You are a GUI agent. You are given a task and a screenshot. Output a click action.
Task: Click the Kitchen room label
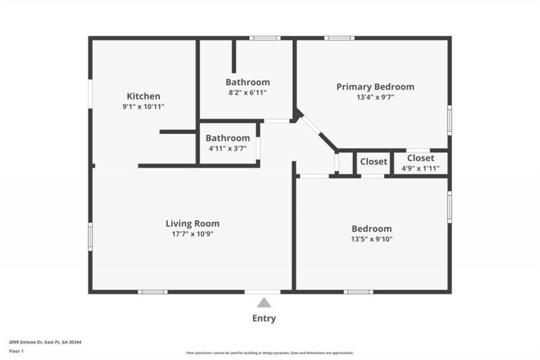(x=143, y=96)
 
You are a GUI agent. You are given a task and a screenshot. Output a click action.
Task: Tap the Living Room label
(x=192, y=224)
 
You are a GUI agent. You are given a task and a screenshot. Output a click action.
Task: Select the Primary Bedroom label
(x=375, y=86)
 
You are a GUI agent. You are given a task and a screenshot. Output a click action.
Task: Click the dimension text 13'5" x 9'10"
(x=371, y=239)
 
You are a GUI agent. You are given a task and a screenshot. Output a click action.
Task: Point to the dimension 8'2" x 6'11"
(x=247, y=93)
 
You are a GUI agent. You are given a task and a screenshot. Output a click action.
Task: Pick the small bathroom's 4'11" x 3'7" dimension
(x=227, y=149)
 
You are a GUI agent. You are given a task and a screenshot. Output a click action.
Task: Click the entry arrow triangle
(x=264, y=303)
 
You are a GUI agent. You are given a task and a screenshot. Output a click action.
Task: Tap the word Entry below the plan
(x=264, y=319)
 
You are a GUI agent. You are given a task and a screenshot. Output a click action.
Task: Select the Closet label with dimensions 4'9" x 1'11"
(x=421, y=158)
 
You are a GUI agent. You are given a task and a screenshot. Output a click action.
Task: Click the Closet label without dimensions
(x=373, y=161)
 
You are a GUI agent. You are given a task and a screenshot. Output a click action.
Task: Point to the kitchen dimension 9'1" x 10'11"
(x=143, y=107)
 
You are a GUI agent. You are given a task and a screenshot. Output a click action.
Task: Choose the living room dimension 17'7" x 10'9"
(x=192, y=234)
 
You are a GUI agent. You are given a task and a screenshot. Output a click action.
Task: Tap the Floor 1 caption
(x=17, y=351)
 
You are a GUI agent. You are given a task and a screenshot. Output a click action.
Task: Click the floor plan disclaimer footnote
(x=270, y=353)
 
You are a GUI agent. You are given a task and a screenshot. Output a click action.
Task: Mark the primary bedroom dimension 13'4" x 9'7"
(x=375, y=97)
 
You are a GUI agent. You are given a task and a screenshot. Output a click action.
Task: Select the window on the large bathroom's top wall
(x=265, y=38)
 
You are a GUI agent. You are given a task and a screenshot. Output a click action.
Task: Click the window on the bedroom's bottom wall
(x=358, y=292)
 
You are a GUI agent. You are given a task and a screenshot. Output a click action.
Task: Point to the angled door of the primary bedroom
(x=310, y=126)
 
